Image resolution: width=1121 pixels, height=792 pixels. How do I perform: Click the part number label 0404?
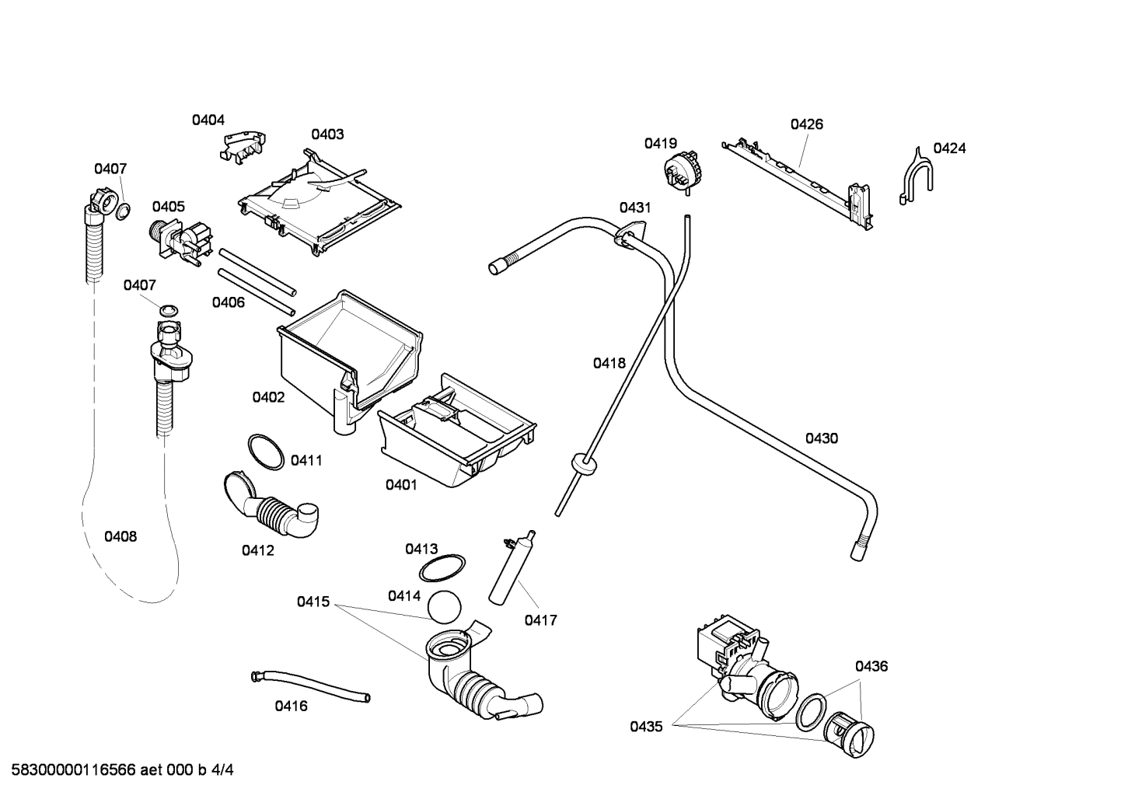point(208,120)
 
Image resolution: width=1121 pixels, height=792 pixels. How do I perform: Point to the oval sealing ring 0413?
point(442,568)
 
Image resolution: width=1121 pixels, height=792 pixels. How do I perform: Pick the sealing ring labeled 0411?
point(265,452)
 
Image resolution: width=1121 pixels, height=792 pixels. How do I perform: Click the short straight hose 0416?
point(310,686)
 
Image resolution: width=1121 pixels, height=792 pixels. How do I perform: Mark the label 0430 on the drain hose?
point(821,438)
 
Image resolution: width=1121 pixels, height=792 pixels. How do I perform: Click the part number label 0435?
point(646,727)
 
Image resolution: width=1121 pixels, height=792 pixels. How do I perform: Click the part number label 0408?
point(120,536)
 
